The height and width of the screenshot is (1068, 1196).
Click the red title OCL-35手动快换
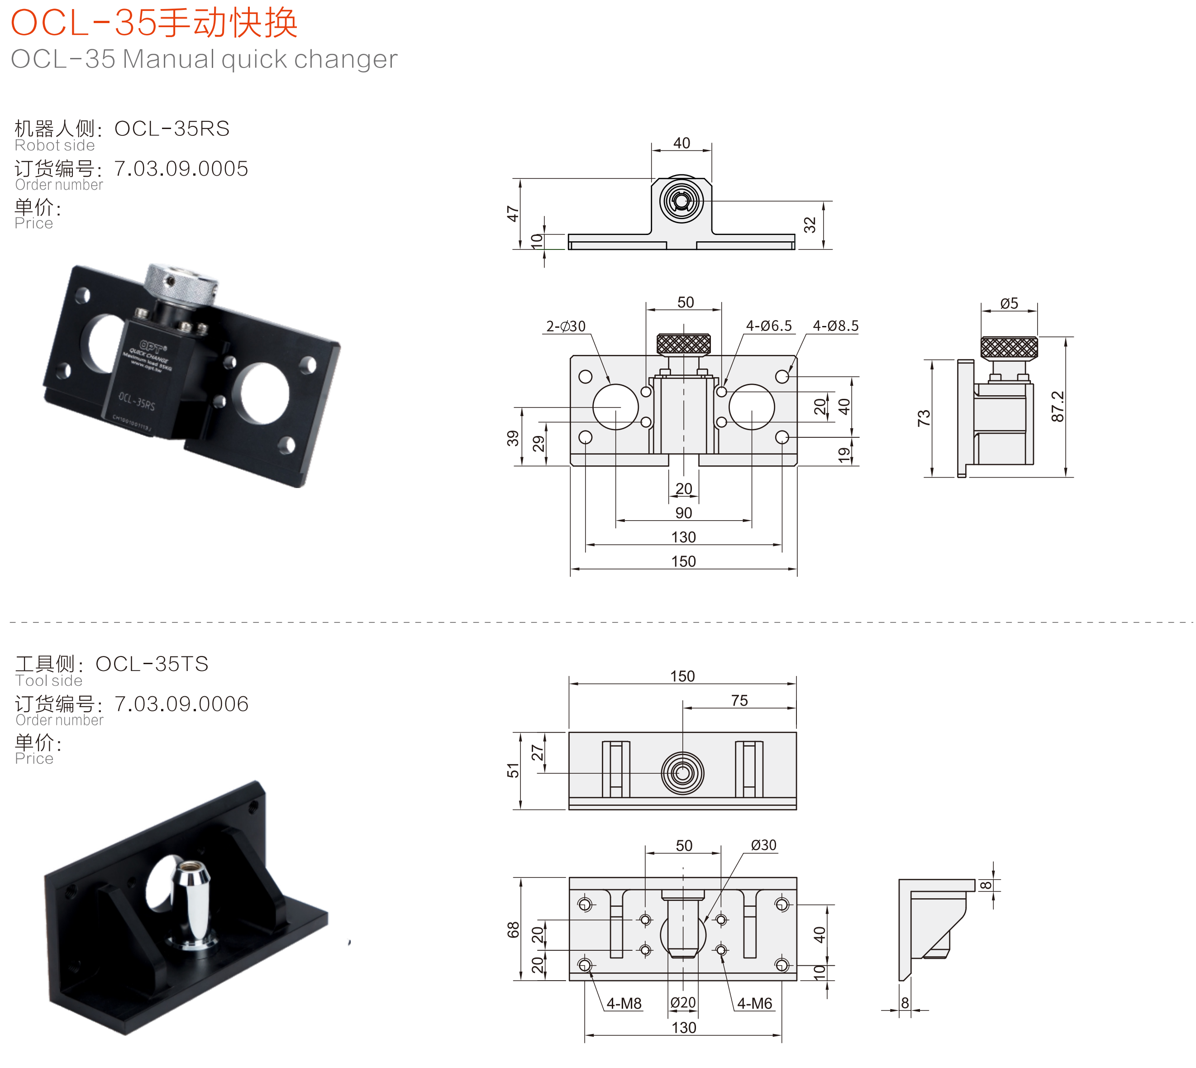[154, 24]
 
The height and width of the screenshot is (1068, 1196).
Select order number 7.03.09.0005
[181, 169]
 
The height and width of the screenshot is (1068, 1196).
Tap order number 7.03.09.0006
[181, 704]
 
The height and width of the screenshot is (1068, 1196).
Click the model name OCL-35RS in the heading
[172, 129]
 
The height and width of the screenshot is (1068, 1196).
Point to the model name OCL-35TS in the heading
[152, 664]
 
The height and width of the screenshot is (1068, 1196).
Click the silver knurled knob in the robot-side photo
[182, 285]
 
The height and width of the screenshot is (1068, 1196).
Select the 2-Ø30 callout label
[566, 326]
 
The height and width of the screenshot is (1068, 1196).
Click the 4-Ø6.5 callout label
[768, 326]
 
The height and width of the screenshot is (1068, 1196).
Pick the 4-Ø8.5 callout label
[835, 326]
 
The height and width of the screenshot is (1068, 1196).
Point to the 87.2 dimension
[1057, 406]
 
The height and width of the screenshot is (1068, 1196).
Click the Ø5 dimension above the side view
[1009, 303]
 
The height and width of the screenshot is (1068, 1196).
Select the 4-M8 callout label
[624, 1003]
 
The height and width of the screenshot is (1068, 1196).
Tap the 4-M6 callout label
[754, 1003]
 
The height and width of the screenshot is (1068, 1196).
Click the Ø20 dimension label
[683, 1003]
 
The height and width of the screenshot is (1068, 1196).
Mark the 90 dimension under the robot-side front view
[683, 513]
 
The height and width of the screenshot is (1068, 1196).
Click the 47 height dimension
[513, 214]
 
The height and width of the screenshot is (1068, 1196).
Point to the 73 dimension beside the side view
[923, 418]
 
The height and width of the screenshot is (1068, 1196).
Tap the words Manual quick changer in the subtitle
[260, 59]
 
